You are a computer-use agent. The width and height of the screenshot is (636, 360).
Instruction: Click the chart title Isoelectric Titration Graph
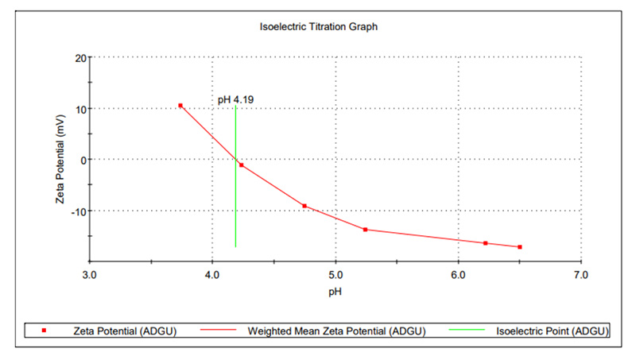(x=318, y=26)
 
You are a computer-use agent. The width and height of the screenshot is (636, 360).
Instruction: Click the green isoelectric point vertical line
(x=236, y=199)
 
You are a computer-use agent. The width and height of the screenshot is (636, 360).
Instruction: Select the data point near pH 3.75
(x=180, y=105)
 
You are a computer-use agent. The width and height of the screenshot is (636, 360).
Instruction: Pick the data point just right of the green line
(x=242, y=165)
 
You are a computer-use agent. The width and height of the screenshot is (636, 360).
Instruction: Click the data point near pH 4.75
(x=304, y=206)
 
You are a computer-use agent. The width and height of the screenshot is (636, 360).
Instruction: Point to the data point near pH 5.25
(x=365, y=230)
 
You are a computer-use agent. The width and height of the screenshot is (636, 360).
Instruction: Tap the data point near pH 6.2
(x=485, y=243)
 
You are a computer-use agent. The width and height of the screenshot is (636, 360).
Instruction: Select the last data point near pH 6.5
(x=519, y=247)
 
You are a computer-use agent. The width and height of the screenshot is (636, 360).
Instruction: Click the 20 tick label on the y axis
(x=80, y=57)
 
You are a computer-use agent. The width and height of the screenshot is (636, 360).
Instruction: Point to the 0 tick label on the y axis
(x=83, y=159)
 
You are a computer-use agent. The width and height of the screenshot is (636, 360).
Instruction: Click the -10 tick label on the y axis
(x=79, y=211)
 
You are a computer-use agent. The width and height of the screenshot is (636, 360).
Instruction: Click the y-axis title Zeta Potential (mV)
(x=60, y=159)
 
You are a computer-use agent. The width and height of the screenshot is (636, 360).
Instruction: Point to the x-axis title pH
(x=335, y=291)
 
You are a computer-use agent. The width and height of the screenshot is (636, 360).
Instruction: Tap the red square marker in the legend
(x=45, y=331)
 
